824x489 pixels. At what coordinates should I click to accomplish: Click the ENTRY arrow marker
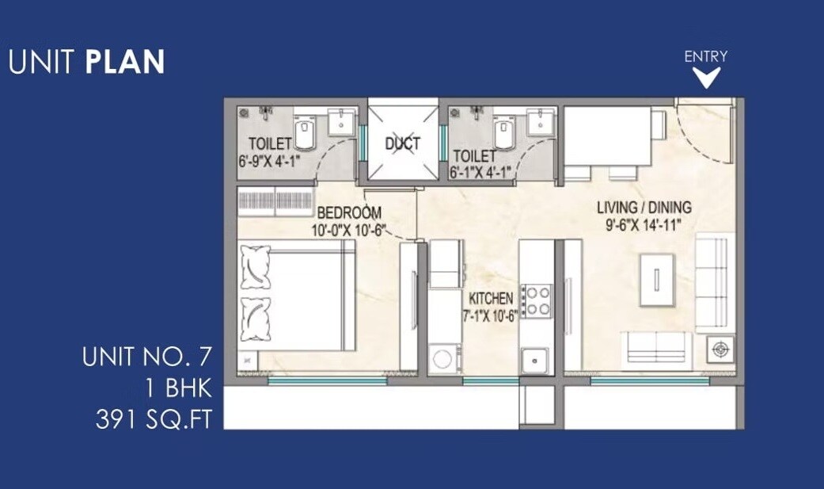(x=706, y=77)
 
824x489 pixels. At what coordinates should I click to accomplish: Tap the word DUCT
(x=402, y=144)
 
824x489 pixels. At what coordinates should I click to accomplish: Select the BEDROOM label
(x=349, y=212)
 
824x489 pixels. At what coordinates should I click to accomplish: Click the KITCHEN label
(x=492, y=299)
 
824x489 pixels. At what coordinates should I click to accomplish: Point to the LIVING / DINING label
(x=644, y=208)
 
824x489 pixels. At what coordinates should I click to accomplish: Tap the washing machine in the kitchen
(x=444, y=357)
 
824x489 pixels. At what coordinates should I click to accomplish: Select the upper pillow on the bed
(x=256, y=267)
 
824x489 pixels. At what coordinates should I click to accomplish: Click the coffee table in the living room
(x=657, y=280)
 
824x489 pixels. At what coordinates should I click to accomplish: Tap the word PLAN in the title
(x=124, y=62)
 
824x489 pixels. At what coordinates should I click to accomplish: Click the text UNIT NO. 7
(x=147, y=357)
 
